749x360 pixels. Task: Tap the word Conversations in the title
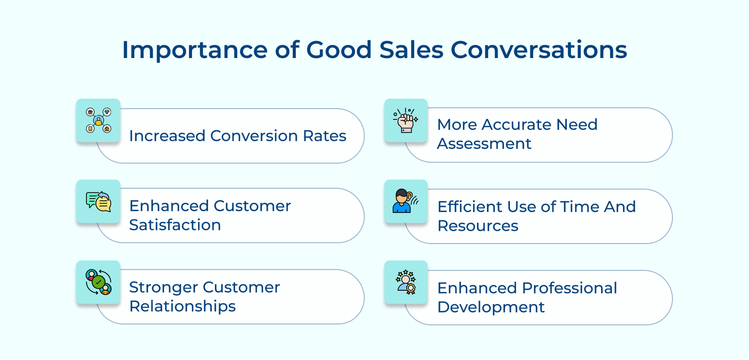pyautogui.click(x=539, y=50)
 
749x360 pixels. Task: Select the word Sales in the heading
pyautogui.click(x=411, y=50)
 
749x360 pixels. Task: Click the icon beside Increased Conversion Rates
pyautogui.click(x=98, y=120)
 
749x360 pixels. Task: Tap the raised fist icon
pyautogui.click(x=405, y=120)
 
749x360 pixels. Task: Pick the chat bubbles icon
pyautogui.click(x=98, y=202)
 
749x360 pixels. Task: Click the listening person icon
pyautogui.click(x=405, y=201)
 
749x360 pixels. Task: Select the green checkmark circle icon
pyautogui.click(x=98, y=282)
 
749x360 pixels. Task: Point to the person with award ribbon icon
pyautogui.click(x=405, y=282)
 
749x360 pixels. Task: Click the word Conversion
pyautogui.click(x=254, y=136)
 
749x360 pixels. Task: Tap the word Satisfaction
pyautogui.click(x=175, y=225)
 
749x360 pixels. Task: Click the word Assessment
pyautogui.click(x=484, y=144)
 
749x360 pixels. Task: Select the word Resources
pyautogui.click(x=478, y=226)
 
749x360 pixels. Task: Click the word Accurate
pyautogui.click(x=517, y=125)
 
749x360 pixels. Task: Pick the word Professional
pyautogui.click(x=569, y=288)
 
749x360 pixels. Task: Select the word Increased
pyautogui.click(x=167, y=136)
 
